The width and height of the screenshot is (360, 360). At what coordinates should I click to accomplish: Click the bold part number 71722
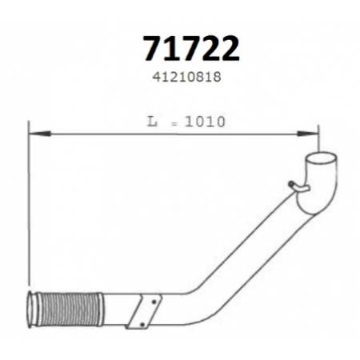click(191, 49)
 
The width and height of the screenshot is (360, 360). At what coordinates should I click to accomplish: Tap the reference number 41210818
click(186, 77)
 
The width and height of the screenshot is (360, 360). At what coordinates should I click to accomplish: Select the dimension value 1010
click(205, 122)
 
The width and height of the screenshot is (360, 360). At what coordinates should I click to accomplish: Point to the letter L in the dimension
click(152, 122)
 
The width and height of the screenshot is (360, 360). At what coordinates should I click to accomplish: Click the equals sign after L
click(174, 124)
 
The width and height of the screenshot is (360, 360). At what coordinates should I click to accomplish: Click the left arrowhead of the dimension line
click(39, 133)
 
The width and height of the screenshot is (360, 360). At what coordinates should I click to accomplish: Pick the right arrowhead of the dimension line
click(307, 133)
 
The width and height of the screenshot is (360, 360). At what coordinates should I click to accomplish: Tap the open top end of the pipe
click(321, 160)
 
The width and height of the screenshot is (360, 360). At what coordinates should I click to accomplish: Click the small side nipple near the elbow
click(298, 186)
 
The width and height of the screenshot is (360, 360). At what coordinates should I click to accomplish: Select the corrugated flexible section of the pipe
click(70, 310)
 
